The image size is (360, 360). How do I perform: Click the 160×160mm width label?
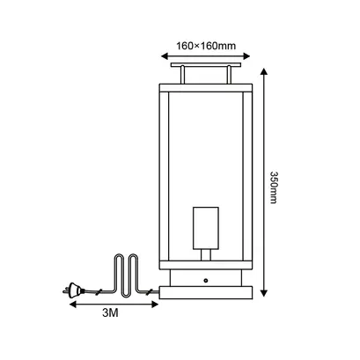click(206, 46)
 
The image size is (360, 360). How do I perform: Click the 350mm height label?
click(273, 187)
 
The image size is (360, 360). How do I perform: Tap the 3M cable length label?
click(110, 313)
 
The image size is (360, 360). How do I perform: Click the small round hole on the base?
click(206, 281)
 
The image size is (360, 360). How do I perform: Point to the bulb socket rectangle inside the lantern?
click(206, 228)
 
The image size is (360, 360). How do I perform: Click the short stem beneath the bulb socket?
click(206, 255)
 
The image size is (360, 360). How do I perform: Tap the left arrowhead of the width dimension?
click(165, 56)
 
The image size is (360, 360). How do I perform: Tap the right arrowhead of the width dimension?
click(246, 56)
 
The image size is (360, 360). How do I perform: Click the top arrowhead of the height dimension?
click(264, 72)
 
